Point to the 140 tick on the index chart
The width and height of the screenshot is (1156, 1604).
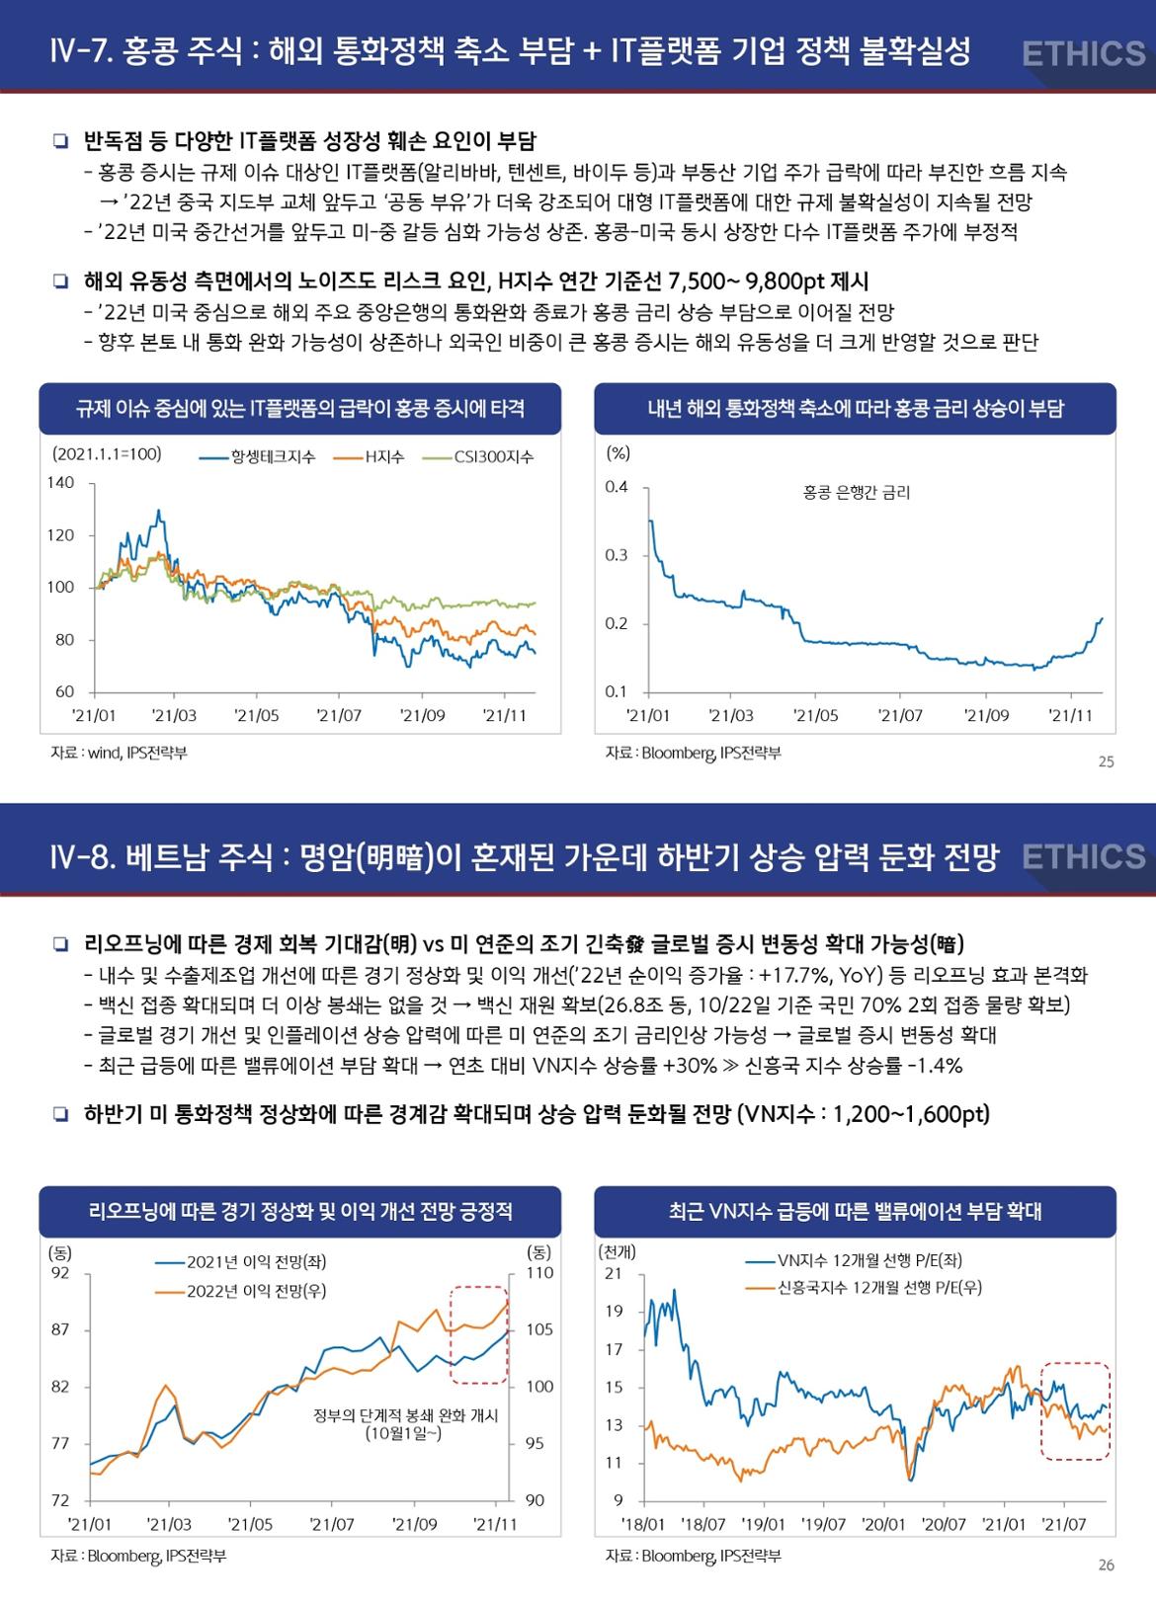[60, 483]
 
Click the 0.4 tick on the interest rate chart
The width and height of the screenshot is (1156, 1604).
[617, 487]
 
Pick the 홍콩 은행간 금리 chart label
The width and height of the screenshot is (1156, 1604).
[857, 492]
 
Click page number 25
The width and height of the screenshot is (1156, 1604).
[1106, 762]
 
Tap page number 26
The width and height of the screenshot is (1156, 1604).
[1106, 1565]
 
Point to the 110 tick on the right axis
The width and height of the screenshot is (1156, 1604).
[539, 1273]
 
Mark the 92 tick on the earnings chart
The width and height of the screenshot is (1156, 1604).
[60, 1273]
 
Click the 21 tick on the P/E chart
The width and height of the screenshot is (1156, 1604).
[614, 1273]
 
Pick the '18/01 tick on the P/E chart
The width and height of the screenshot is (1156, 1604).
[642, 1525]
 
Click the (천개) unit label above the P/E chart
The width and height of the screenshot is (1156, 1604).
[618, 1250]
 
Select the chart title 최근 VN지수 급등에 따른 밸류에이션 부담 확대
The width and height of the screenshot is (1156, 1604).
[855, 1211]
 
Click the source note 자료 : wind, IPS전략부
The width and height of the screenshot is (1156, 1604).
[119, 753]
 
